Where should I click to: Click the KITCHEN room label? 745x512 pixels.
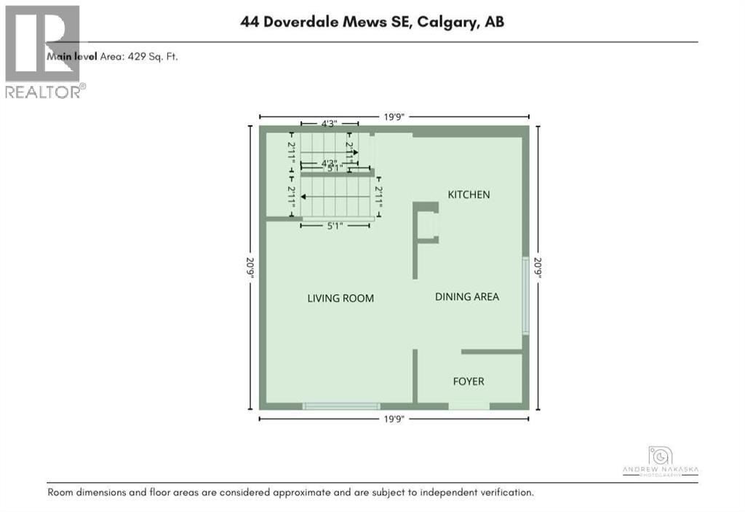[x=469, y=194]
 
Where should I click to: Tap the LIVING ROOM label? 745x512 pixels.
[x=340, y=298]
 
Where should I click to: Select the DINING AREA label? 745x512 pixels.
[x=467, y=296]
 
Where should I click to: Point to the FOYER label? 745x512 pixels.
[x=469, y=381]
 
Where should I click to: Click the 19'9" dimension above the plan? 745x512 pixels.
[x=394, y=117]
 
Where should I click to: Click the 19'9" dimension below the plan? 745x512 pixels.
[x=394, y=419]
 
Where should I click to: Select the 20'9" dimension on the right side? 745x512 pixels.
[x=538, y=268]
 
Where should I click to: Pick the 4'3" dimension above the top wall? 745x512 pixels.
[x=329, y=124]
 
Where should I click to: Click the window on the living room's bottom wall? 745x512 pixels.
[x=341, y=406]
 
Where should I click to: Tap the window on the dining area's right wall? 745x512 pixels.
[x=525, y=296]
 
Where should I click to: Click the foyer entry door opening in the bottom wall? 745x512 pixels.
[x=469, y=406]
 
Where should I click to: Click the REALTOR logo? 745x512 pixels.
[x=44, y=51]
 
